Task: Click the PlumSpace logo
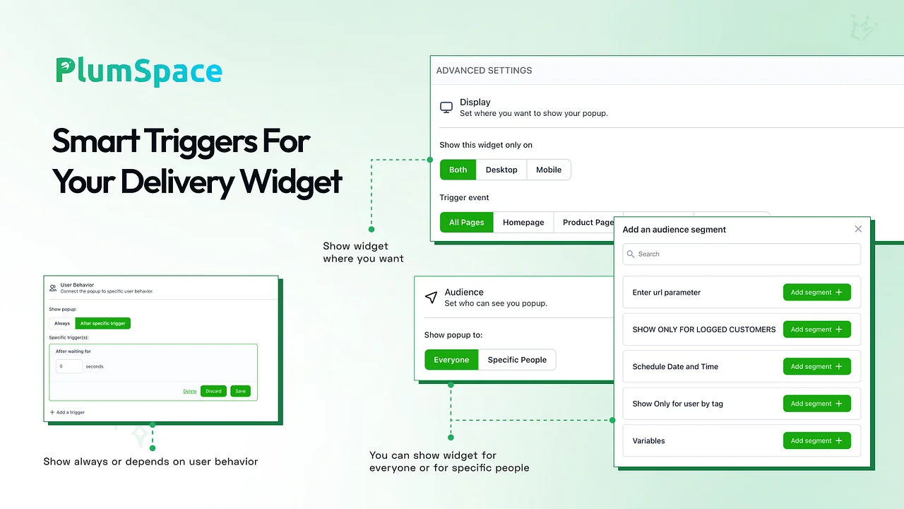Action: (139, 71)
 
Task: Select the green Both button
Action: (458, 170)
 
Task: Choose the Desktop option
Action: (501, 170)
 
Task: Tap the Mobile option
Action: (549, 170)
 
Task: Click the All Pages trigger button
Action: (467, 222)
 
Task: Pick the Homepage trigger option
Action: (523, 222)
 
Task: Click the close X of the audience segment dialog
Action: (858, 229)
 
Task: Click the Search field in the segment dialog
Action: (742, 254)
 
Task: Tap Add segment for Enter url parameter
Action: (817, 292)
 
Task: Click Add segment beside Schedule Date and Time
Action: (817, 366)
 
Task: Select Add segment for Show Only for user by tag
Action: (817, 404)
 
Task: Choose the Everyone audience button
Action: (451, 360)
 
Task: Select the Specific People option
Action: (517, 360)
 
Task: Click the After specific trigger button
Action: (103, 323)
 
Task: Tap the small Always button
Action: (62, 323)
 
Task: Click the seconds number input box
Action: (69, 366)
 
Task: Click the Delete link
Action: (190, 391)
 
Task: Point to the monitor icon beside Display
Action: (446, 107)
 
